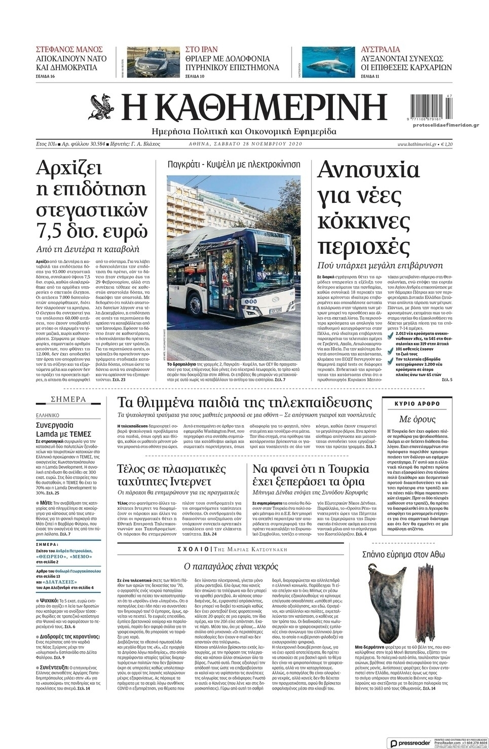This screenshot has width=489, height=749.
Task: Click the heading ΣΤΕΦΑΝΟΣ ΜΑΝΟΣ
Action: pos(69,49)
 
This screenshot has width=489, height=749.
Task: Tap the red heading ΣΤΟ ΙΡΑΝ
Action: pos(202,49)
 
